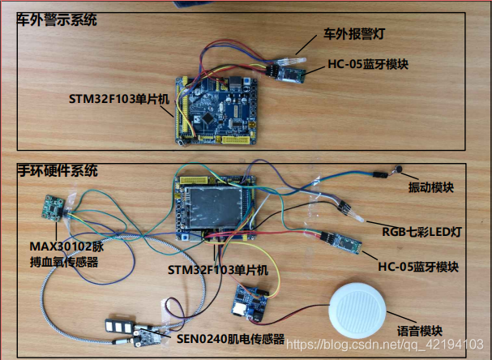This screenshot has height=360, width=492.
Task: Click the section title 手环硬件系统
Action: click(58, 172)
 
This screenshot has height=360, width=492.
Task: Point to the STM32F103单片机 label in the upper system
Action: click(118, 98)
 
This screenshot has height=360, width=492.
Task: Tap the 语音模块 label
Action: click(419, 331)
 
